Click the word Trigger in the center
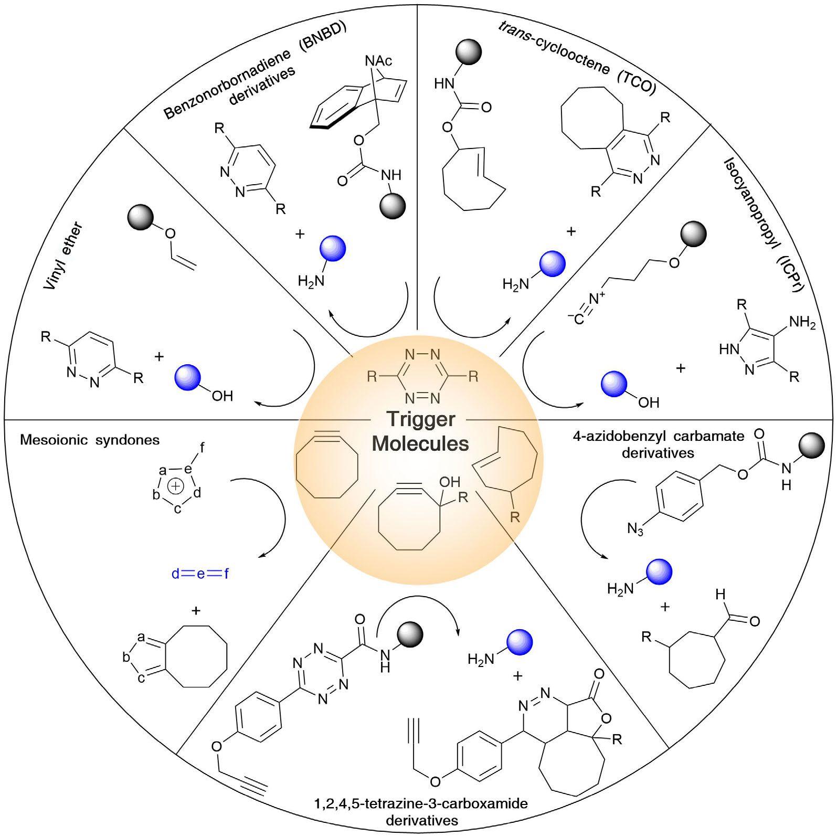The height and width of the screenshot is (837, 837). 420,419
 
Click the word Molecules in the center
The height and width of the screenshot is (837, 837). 420,444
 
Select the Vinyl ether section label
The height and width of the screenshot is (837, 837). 63,257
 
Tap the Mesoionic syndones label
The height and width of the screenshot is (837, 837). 90,440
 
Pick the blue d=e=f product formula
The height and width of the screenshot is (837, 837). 200,574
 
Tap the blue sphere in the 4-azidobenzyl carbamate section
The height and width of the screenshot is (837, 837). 659,572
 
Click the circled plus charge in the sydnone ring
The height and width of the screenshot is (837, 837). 175,486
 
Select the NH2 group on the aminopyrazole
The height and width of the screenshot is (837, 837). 802,322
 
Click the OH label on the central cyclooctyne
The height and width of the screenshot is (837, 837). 449,482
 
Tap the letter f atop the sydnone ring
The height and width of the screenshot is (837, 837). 202,448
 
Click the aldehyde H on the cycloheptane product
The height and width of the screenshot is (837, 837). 721,595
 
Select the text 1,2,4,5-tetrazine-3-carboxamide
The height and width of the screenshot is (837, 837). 420,803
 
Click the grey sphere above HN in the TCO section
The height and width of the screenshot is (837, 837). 468,52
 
